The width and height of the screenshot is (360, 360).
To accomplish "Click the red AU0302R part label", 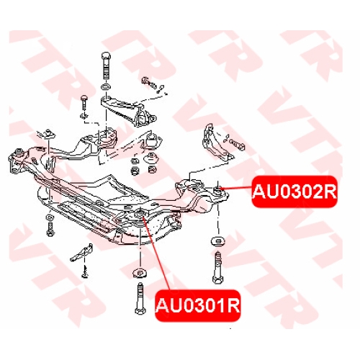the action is click(294, 192).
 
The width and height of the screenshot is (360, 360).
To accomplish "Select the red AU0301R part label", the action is click(198, 305).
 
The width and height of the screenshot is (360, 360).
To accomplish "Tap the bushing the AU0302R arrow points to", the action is click(218, 191).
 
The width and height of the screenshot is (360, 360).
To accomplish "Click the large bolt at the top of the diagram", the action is click(107, 66).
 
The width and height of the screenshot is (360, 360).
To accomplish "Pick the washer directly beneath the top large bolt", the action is click(107, 86).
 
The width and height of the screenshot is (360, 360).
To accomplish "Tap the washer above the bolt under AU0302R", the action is click(218, 241).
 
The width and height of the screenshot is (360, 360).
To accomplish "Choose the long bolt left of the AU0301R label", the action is click(140, 298).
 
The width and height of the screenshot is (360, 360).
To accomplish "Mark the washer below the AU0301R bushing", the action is click(140, 274).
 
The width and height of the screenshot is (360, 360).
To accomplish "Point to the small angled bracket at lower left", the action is click(81, 253).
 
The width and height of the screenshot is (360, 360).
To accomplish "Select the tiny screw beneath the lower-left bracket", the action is click(84, 271).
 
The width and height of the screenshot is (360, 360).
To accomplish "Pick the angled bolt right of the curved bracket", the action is click(236, 143).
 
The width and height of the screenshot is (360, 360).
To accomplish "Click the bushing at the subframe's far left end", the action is click(19, 152).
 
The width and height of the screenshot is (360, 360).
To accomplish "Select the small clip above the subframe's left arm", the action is click(48, 135).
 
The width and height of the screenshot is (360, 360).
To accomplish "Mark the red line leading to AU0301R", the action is click(156, 253).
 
